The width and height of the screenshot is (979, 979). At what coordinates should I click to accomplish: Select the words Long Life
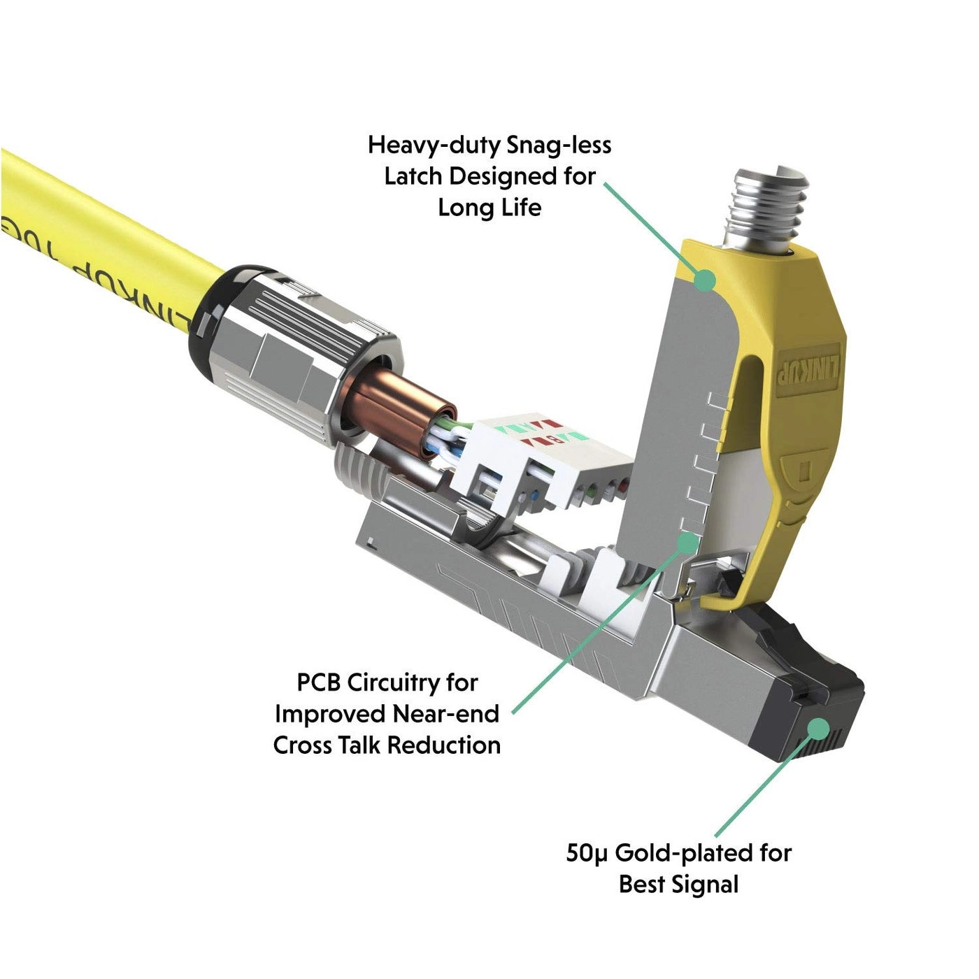click(x=489, y=208)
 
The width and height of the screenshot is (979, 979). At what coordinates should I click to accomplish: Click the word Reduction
click(x=443, y=745)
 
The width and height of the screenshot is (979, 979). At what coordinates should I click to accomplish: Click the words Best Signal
click(x=678, y=885)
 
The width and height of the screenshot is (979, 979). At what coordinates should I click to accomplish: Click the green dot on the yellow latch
click(x=706, y=281)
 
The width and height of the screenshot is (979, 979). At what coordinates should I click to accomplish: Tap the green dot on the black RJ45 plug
click(x=816, y=729)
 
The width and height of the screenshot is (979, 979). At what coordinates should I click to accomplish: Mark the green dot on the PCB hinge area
click(x=689, y=541)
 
